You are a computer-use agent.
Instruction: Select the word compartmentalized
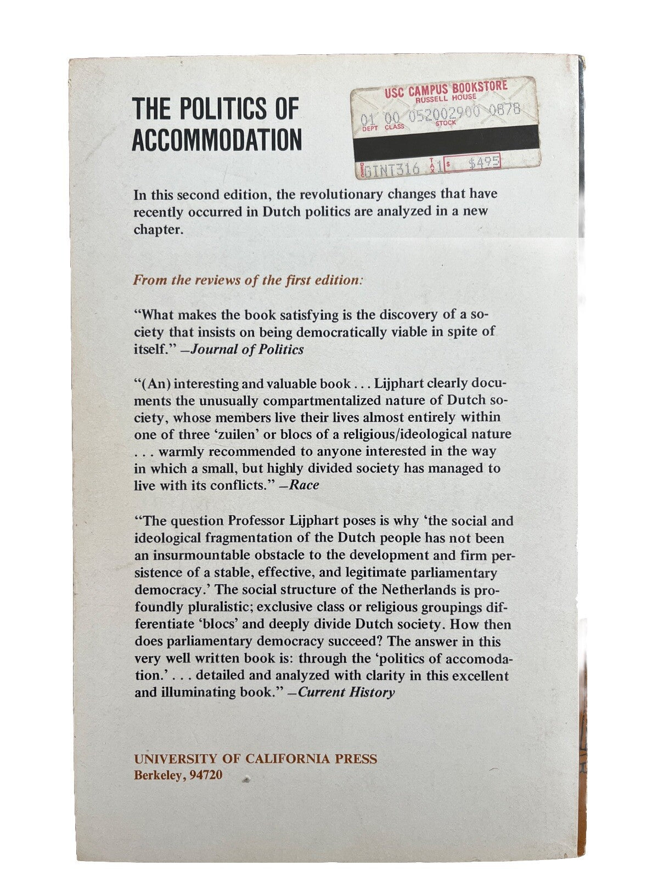tap(277, 400)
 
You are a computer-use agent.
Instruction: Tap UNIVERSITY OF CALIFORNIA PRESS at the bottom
tap(256, 759)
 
